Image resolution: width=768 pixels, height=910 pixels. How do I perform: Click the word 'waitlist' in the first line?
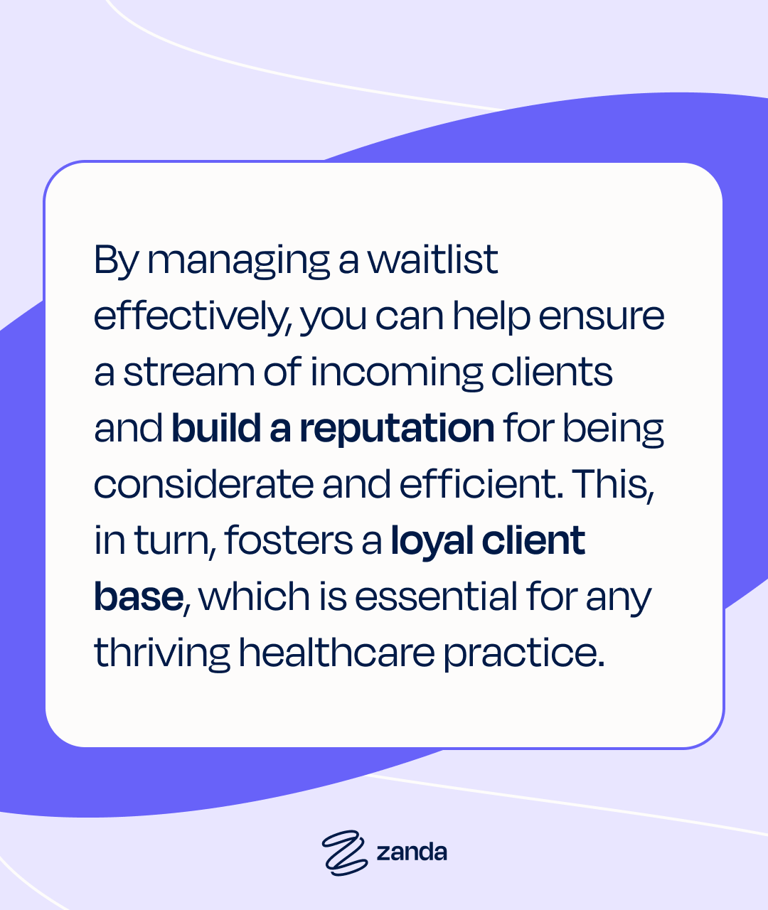pyautogui.click(x=433, y=259)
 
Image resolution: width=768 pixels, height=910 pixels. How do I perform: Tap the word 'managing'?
pyautogui.click(x=238, y=263)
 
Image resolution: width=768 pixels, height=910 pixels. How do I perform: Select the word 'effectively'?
pyautogui.click(x=190, y=317)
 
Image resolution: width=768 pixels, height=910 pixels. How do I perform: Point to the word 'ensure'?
pyautogui.click(x=601, y=317)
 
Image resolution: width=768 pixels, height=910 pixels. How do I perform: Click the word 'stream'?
pyautogui.click(x=188, y=373)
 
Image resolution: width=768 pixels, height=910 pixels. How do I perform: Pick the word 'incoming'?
pyautogui.click(x=396, y=375)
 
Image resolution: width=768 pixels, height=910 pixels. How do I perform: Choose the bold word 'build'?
pyautogui.click(x=216, y=427)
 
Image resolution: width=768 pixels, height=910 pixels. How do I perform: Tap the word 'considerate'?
pyautogui.click(x=203, y=484)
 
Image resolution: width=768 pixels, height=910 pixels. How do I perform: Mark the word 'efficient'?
pyautogui.click(x=479, y=484)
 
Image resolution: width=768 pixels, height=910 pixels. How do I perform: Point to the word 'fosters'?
pyautogui.click(x=289, y=540)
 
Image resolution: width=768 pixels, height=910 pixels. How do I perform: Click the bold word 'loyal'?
pyautogui.click(x=432, y=542)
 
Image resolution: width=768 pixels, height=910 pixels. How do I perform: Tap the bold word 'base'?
pyautogui.click(x=139, y=596)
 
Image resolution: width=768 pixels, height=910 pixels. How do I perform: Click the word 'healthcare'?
pyautogui.click(x=337, y=652)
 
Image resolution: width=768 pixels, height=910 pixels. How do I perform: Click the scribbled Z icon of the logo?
pyautogui.click(x=345, y=853)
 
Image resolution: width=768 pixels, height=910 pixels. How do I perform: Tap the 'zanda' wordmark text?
pyautogui.click(x=412, y=852)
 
